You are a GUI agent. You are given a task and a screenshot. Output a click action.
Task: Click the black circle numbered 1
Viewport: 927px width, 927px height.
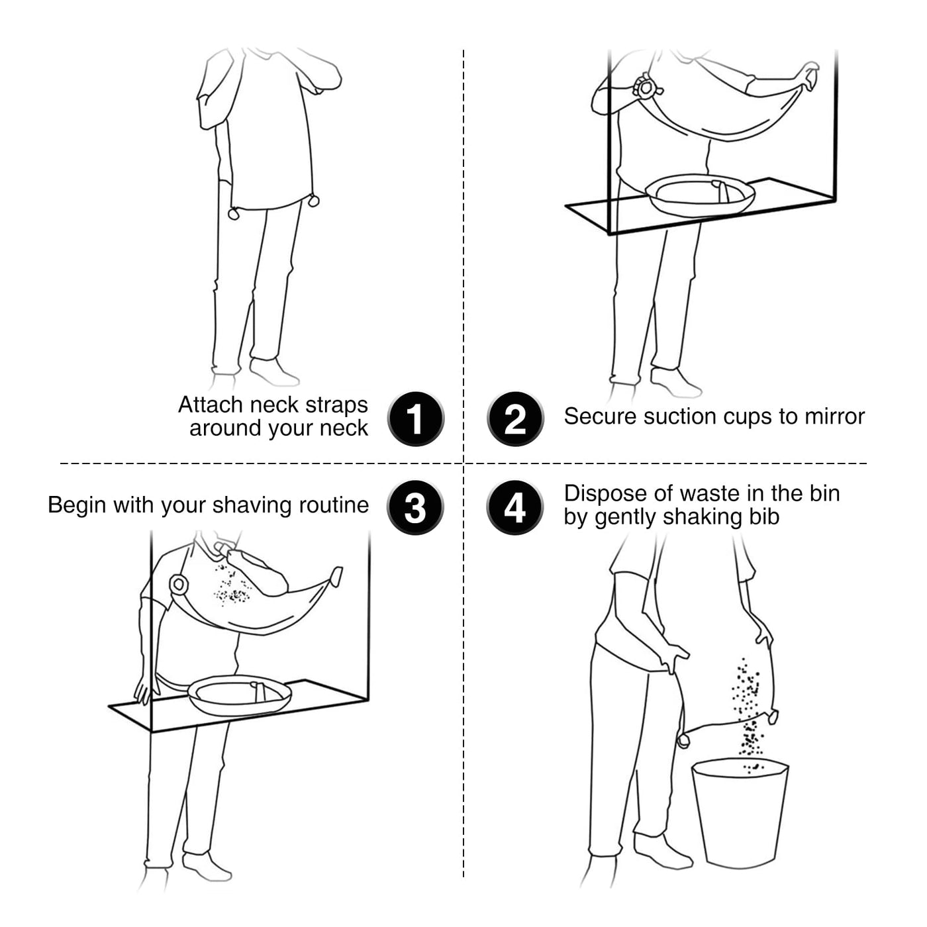click(416, 418)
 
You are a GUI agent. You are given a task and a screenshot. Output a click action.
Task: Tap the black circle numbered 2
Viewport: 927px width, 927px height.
click(515, 418)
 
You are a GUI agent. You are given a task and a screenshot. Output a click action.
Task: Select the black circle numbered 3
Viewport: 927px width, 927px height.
click(415, 507)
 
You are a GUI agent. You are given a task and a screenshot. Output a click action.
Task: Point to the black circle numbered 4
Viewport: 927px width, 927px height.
click(514, 507)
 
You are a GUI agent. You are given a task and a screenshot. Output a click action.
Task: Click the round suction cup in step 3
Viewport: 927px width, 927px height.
click(179, 584)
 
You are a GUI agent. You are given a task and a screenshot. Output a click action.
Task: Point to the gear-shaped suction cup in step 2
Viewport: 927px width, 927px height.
click(646, 88)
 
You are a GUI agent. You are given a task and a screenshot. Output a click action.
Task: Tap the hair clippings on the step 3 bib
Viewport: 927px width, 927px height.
click(232, 585)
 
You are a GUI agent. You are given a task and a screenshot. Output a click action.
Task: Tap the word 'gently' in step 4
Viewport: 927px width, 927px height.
click(627, 518)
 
